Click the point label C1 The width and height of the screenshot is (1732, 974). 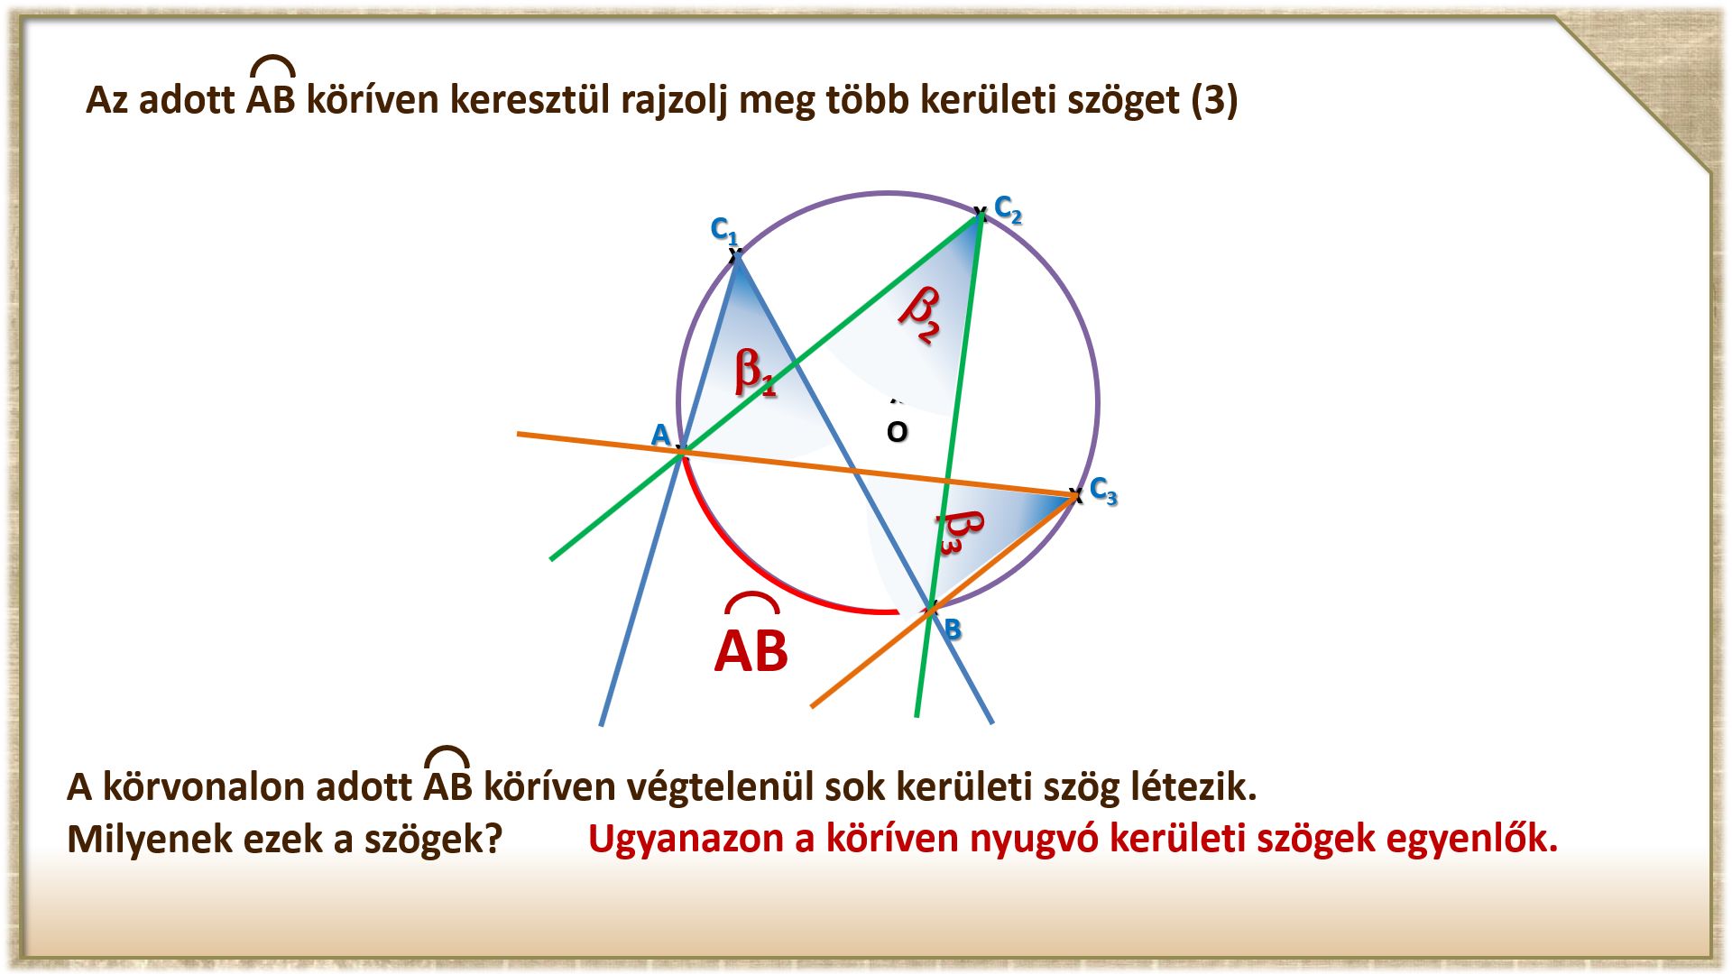click(x=724, y=231)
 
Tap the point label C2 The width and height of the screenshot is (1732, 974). click(x=1008, y=209)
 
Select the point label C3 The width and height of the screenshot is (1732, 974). click(x=1103, y=491)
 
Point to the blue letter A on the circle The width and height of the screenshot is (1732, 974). click(x=660, y=435)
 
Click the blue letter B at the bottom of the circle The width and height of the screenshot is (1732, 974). click(x=952, y=629)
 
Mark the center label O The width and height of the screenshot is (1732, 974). click(x=897, y=432)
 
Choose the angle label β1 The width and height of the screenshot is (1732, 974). click(x=754, y=371)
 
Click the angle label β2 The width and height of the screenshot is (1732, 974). click(x=921, y=313)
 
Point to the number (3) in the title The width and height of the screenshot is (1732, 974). click(x=1214, y=99)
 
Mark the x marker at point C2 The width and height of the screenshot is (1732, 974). click(x=980, y=214)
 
